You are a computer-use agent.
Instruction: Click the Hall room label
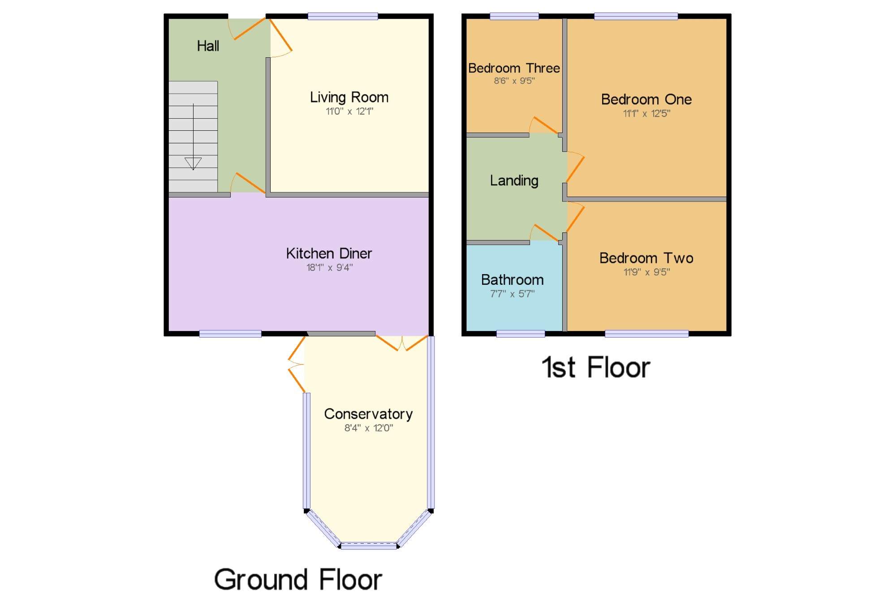(208, 46)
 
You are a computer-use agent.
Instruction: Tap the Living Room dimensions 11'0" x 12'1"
(349, 111)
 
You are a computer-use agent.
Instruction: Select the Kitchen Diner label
(329, 253)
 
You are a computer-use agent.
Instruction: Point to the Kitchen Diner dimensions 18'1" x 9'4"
(330, 267)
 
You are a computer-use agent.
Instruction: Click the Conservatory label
(368, 414)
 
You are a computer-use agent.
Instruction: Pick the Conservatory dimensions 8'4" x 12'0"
(369, 428)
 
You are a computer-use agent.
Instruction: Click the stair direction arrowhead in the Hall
(193, 163)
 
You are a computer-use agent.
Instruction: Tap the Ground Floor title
(298, 579)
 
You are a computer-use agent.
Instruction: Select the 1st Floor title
(596, 367)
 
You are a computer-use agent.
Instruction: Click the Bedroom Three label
(514, 68)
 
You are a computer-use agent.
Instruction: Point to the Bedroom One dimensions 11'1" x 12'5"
(646, 113)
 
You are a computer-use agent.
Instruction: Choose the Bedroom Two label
(646, 258)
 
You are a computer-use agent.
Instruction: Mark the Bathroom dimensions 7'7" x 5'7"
(513, 294)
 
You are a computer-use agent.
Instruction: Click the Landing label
(514, 180)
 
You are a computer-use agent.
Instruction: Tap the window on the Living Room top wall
(343, 17)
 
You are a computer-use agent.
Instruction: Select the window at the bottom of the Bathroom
(521, 334)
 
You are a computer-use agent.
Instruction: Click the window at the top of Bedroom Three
(514, 17)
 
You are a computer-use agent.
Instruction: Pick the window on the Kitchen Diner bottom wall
(230, 334)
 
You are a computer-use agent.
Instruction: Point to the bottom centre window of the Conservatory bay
(369, 546)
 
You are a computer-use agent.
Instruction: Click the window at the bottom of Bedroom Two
(646, 334)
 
